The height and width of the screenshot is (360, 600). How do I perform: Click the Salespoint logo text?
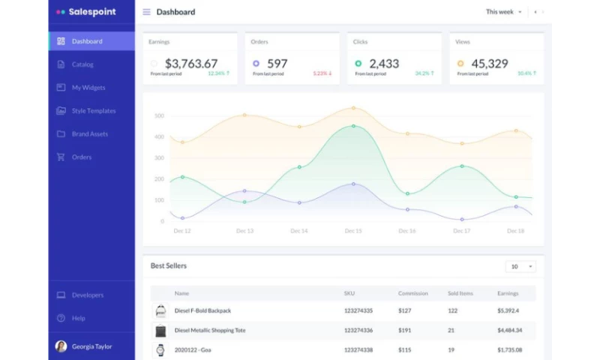tap(92, 12)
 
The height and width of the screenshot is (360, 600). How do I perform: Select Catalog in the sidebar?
tap(82, 64)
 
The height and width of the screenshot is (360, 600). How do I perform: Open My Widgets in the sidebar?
tap(88, 88)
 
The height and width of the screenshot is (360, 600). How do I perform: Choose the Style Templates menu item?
tap(94, 111)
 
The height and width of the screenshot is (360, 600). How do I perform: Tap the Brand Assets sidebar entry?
tap(90, 134)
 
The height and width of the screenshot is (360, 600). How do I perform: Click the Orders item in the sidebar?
tap(82, 157)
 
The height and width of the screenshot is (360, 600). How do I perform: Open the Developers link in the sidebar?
tap(88, 295)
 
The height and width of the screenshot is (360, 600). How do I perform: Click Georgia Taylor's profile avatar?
tap(61, 346)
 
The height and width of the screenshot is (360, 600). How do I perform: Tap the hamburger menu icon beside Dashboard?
tap(146, 12)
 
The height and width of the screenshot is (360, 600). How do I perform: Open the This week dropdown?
tap(503, 12)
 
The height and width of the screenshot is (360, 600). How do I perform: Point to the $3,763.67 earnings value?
tap(191, 64)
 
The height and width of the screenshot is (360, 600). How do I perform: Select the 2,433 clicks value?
tap(384, 64)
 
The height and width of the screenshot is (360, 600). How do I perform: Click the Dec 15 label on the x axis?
tap(353, 231)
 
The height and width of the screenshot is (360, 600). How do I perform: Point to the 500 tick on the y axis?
tap(159, 116)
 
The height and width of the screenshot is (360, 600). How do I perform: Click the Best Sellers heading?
tap(169, 266)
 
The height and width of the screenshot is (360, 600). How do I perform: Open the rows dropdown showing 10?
tap(520, 266)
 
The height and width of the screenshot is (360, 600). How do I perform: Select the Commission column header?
tap(412, 293)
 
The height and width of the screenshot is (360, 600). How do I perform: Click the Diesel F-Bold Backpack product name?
tap(202, 310)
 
